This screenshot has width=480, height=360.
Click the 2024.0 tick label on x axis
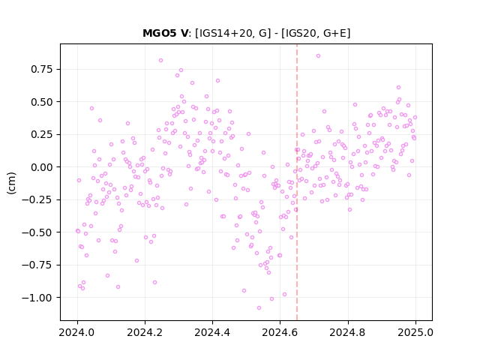77,332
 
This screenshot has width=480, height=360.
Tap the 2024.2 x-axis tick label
145,332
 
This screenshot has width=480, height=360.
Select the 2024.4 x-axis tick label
212,332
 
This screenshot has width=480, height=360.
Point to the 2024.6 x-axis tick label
280,332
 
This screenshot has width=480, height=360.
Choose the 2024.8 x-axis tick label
348,332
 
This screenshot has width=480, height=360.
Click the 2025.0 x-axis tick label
415,332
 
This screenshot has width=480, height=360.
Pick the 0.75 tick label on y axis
42,69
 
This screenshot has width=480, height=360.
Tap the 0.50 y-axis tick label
42,102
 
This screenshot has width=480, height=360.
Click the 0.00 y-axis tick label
42,167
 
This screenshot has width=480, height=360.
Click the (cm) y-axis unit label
11,183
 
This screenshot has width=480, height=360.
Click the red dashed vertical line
297,182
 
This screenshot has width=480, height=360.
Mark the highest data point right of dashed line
318,56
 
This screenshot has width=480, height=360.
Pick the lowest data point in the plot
259,307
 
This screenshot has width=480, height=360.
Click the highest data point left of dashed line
160,60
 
